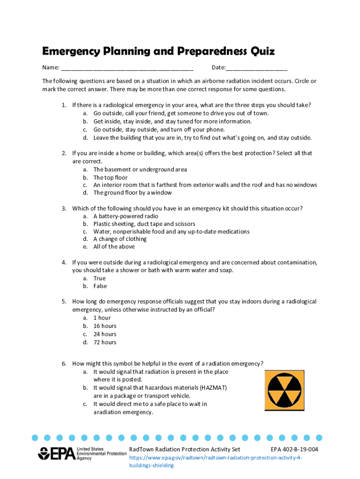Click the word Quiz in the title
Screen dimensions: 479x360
(262, 51)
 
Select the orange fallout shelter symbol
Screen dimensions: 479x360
(284, 389)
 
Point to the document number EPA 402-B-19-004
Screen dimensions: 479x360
(295, 450)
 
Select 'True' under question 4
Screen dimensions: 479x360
(100, 278)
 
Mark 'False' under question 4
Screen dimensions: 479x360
(100, 286)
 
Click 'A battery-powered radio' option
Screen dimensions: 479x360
(126, 217)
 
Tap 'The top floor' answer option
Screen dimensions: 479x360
(110, 178)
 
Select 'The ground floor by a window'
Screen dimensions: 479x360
(132, 193)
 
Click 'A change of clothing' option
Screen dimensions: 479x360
(120, 239)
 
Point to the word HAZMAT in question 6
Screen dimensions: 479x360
(213, 388)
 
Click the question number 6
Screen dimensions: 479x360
(64, 363)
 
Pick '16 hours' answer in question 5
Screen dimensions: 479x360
(105, 326)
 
